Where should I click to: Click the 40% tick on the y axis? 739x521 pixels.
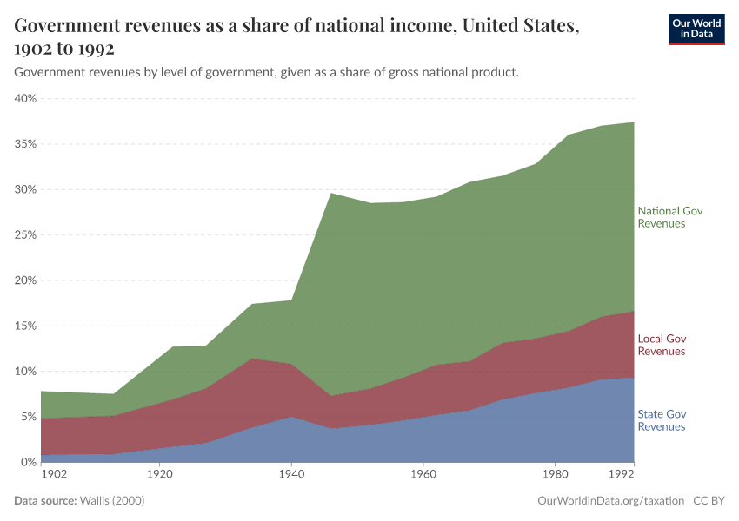point(25,98)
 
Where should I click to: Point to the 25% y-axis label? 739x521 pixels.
point(25,234)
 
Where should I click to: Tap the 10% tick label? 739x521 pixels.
point(25,371)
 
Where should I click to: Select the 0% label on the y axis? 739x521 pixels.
point(29,462)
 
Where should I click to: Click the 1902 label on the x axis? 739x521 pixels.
point(53,475)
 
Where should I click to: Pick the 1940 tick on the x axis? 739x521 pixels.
point(290,475)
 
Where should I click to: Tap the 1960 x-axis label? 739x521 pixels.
point(423,475)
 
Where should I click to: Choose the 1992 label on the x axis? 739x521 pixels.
point(622,475)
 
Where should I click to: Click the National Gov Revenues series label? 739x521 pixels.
point(669,217)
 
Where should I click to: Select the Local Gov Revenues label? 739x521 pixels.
point(662,345)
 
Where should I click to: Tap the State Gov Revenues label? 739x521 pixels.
point(662,420)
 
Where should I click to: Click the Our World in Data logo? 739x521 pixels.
point(696,29)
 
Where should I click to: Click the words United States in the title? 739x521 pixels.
point(520,25)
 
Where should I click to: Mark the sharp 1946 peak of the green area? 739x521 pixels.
point(330,193)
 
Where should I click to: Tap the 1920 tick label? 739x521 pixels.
point(158,475)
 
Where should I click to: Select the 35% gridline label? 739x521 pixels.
point(25,143)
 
